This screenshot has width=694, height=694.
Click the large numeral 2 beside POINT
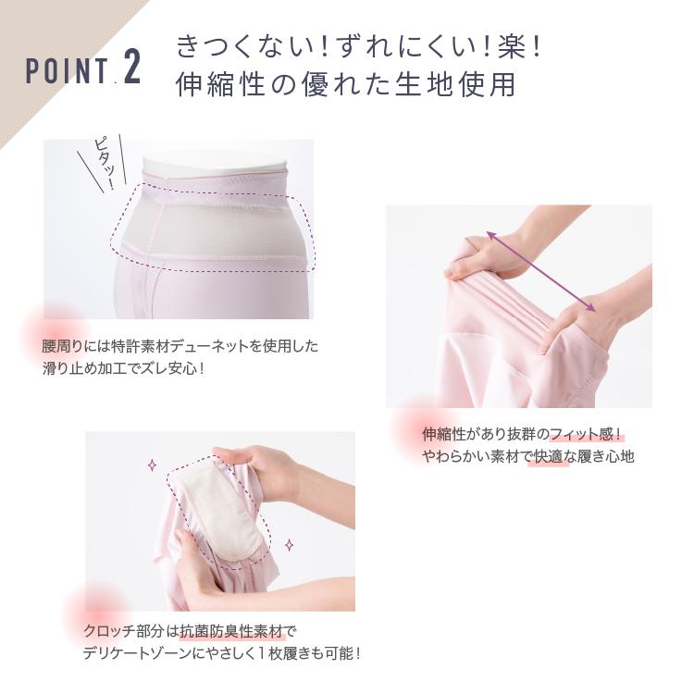(x=132, y=67)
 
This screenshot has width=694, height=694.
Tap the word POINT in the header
(x=67, y=71)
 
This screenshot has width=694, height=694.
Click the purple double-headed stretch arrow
(x=541, y=271)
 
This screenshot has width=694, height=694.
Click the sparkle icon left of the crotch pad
(x=153, y=465)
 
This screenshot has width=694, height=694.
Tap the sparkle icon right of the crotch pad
(x=289, y=545)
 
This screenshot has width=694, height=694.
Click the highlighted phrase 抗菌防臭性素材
(x=231, y=631)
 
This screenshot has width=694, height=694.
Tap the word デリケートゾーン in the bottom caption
(x=137, y=653)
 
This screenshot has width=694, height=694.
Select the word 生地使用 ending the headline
(x=455, y=83)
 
